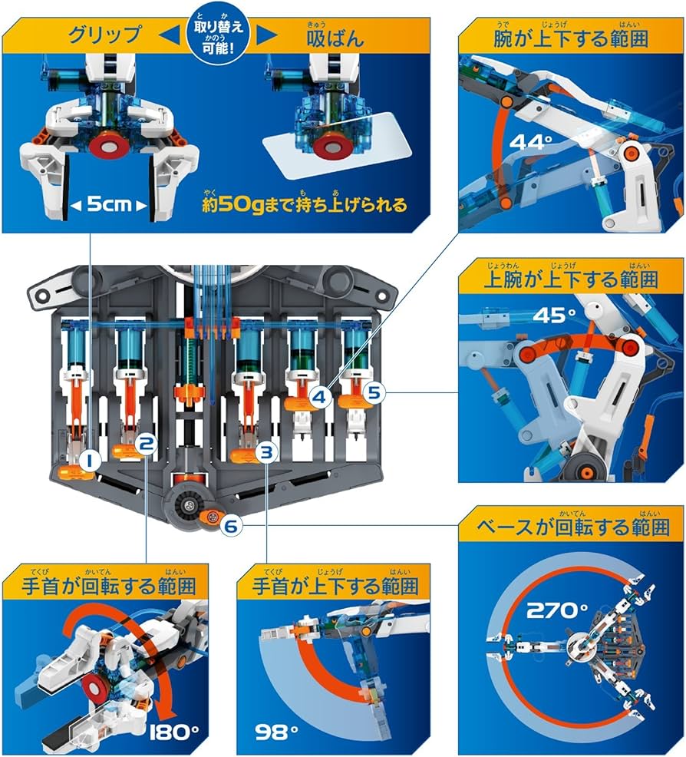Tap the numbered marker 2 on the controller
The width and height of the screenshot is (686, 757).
147,442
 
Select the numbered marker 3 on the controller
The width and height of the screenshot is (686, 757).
265,452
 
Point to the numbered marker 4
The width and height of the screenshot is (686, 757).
321,397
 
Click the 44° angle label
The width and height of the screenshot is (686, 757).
535,142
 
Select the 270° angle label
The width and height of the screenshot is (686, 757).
556,611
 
